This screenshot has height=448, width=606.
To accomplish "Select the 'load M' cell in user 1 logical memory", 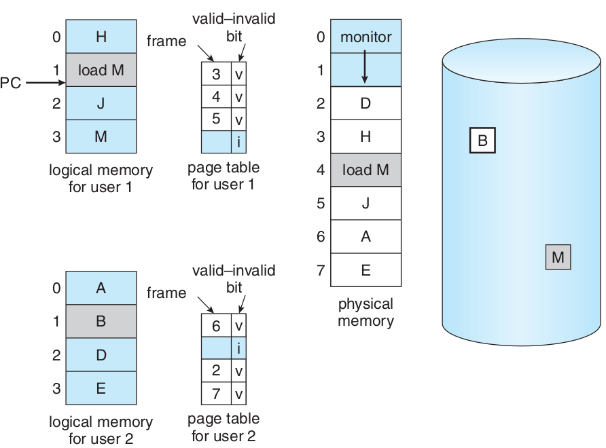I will (101, 69).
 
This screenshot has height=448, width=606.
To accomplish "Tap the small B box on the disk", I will (482, 141).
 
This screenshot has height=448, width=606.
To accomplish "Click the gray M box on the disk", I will (558, 257).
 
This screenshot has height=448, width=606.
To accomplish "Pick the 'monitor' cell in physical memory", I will (366, 37).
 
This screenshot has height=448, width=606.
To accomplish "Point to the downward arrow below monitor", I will (366, 69).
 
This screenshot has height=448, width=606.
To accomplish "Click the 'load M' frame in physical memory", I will (366, 170).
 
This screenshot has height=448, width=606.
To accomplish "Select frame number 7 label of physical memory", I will (321, 270).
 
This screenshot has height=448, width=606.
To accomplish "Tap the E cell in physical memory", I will (366, 270).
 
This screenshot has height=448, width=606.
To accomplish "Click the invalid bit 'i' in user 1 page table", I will (238, 142).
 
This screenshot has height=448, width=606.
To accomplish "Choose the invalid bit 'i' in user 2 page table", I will (238, 348).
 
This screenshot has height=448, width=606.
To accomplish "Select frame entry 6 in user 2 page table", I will (216, 326).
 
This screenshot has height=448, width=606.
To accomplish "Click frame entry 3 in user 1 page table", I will (216, 74).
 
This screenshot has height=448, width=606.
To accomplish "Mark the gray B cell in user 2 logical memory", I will (101, 321).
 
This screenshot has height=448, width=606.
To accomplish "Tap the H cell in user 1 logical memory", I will (101, 37).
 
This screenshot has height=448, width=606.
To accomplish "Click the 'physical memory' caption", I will (366, 312).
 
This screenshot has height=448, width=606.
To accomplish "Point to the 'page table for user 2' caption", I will (224, 428).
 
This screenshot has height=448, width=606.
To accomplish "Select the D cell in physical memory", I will (366, 103).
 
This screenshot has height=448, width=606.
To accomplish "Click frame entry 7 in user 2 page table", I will (216, 394).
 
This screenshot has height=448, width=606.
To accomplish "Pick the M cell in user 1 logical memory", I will (101, 136).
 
